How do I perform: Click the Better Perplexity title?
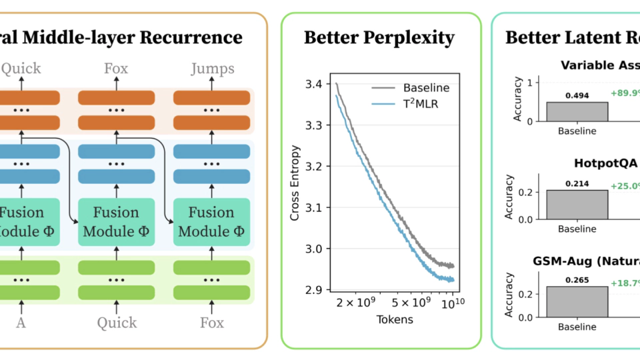click(380, 37)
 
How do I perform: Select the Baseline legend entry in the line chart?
click(426, 88)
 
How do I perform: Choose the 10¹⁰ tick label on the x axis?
click(453, 303)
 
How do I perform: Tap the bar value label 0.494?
click(577, 95)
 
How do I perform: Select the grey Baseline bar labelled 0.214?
click(577, 204)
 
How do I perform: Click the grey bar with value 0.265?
click(577, 301)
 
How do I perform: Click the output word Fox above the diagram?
click(116, 68)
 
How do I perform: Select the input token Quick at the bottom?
click(116, 323)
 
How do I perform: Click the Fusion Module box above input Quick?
click(116, 222)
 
